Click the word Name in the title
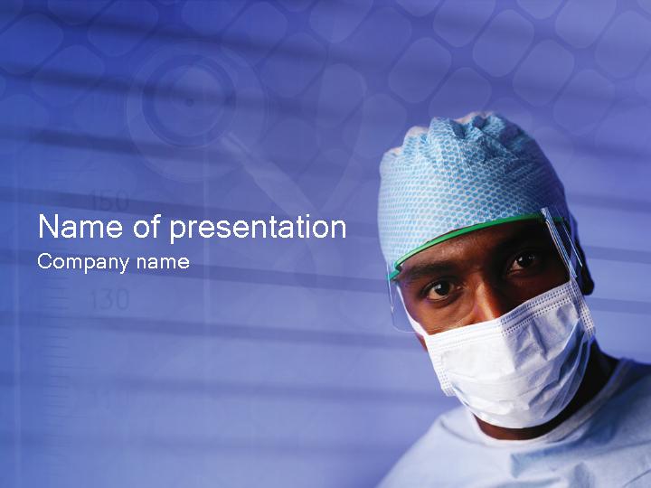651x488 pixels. click(80, 227)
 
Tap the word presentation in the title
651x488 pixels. click(258, 228)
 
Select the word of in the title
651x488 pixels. click(146, 227)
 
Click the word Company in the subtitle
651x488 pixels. click(83, 263)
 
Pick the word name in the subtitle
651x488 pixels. click(163, 263)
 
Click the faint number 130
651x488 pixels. click(109, 300)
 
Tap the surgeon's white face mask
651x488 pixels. click(506, 357)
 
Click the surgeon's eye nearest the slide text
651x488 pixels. click(440, 288)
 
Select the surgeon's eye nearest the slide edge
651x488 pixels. click(524, 261)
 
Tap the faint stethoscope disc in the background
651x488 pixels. click(189, 101)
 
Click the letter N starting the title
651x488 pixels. click(48, 227)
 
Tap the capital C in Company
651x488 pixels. click(43, 262)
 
